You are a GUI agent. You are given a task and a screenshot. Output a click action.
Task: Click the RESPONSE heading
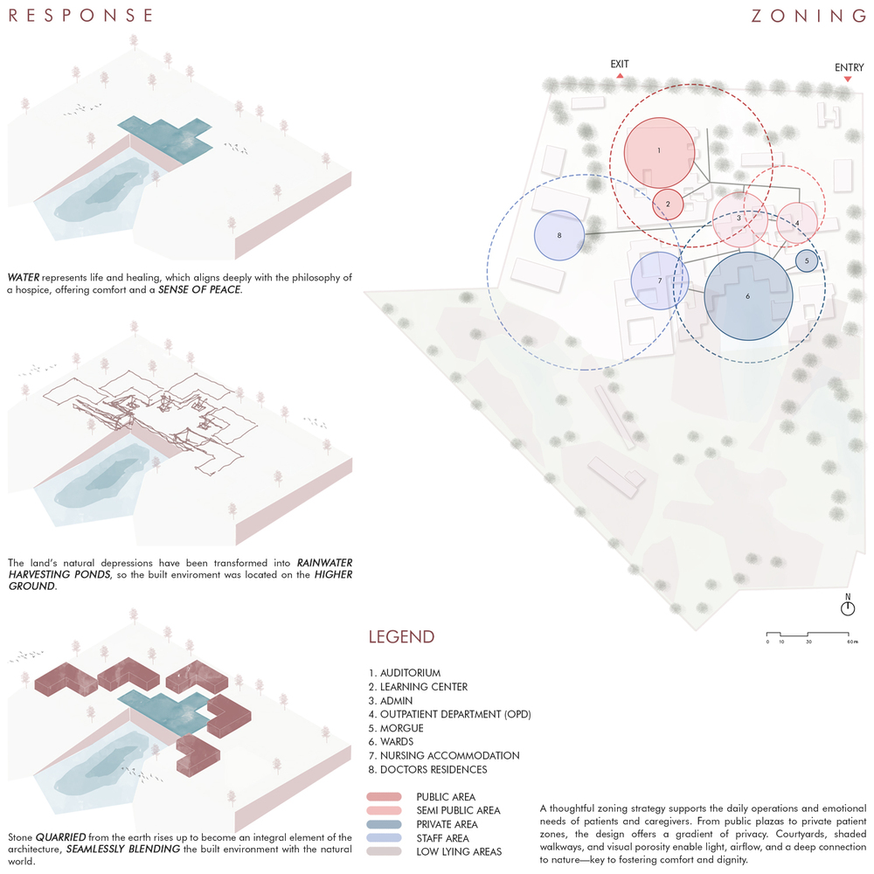[x=81, y=16]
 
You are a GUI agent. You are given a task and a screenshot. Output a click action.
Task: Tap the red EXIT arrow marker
[x=620, y=76]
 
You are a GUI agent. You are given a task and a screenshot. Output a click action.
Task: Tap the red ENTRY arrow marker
[x=847, y=80]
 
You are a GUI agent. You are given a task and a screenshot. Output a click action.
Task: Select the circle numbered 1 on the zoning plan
[x=660, y=152]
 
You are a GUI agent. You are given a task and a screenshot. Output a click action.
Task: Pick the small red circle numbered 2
[x=668, y=205]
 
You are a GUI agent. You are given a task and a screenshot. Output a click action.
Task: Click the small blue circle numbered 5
[x=807, y=260]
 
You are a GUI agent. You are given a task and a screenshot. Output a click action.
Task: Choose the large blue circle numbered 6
[x=748, y=297]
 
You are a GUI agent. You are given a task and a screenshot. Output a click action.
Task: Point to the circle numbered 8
[x=558, y=236]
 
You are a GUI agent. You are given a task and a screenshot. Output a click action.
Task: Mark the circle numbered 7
[x=659, y=281]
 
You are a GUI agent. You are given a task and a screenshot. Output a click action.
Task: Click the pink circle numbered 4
[x=796, y=223]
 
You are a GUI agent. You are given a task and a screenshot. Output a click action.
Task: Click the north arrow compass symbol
[x=847, y=607]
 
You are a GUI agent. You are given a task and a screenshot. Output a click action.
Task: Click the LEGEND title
[x=400, y=636]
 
